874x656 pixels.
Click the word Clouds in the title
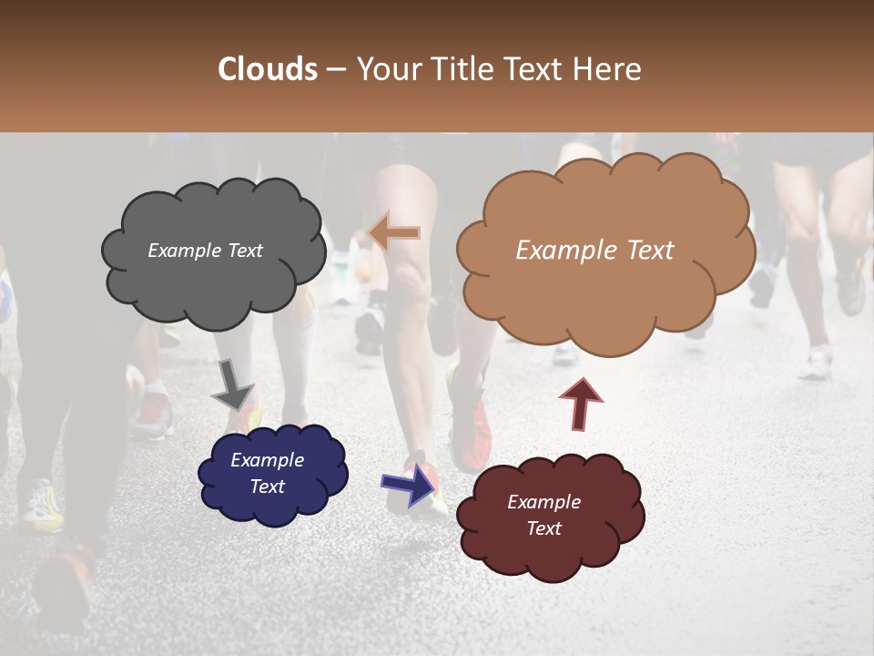point(268,69)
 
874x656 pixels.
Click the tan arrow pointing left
point(395,232)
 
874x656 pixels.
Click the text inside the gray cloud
point(205,251)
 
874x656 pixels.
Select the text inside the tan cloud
point(595,251)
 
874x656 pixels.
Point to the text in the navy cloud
point(267,473)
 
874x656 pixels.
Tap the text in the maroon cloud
point(544,515)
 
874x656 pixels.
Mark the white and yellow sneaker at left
point(43,507)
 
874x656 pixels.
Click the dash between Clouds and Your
point(336,70)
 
